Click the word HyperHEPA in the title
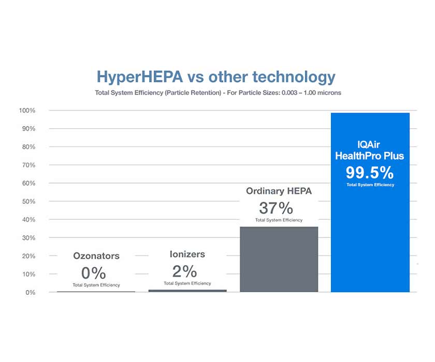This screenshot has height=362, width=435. click(x=139, y=77)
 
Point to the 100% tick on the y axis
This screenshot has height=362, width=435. click(x=27, y=111)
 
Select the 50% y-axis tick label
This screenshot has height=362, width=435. click(x=28, y=201)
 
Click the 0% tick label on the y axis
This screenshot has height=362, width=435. click(x=31, y=293)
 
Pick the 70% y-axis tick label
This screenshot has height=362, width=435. click(x=28, y=165)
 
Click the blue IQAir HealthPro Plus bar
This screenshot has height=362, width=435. click(x=370, y=203)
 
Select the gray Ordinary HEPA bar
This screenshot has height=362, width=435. click(x=279, y=260)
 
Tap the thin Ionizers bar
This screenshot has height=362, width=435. click(x=187, y=291)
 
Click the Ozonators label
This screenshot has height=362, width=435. click(x=96, y=255)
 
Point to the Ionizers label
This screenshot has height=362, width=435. click(x=187, y=254)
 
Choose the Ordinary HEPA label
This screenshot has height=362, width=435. click(x=279, y=191)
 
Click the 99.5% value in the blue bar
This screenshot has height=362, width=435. click(x=370, y=173)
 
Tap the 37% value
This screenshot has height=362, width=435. click(x=276, y=208)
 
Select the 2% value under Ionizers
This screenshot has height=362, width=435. click(x=184, y=271)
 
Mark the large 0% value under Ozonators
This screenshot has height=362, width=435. click(x=94, y=273)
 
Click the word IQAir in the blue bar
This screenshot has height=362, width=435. click(x=368, y=145)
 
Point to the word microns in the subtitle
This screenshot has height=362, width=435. click(x=329, y=93)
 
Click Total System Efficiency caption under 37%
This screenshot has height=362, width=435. click(x=279, y=220)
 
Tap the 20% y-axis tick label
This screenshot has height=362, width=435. click(x=28, y=256)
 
